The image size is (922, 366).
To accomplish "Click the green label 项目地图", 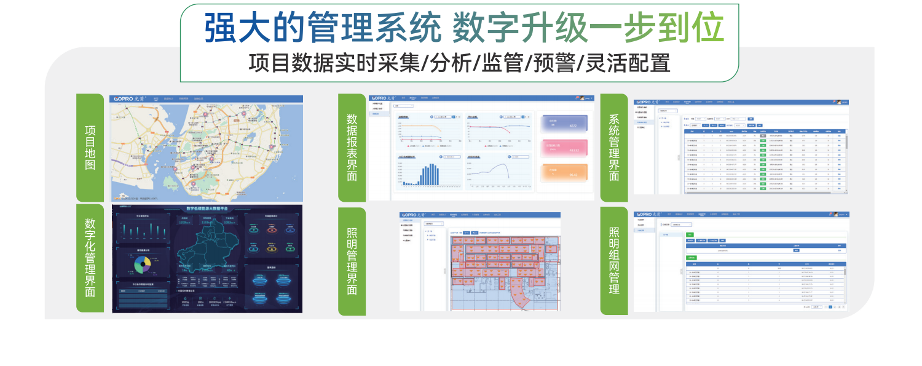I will [90, 148].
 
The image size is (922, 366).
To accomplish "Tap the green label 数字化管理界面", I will [90, 258].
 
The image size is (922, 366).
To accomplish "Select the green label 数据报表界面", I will [352, 148].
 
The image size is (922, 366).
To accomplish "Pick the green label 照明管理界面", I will [352, 261].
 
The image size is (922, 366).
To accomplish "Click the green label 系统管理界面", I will [613, 148].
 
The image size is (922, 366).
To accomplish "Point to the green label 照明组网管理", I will [613, 261].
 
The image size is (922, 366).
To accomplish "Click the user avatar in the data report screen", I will [580, 98].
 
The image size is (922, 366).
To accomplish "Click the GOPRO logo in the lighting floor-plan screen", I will [413, 215].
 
